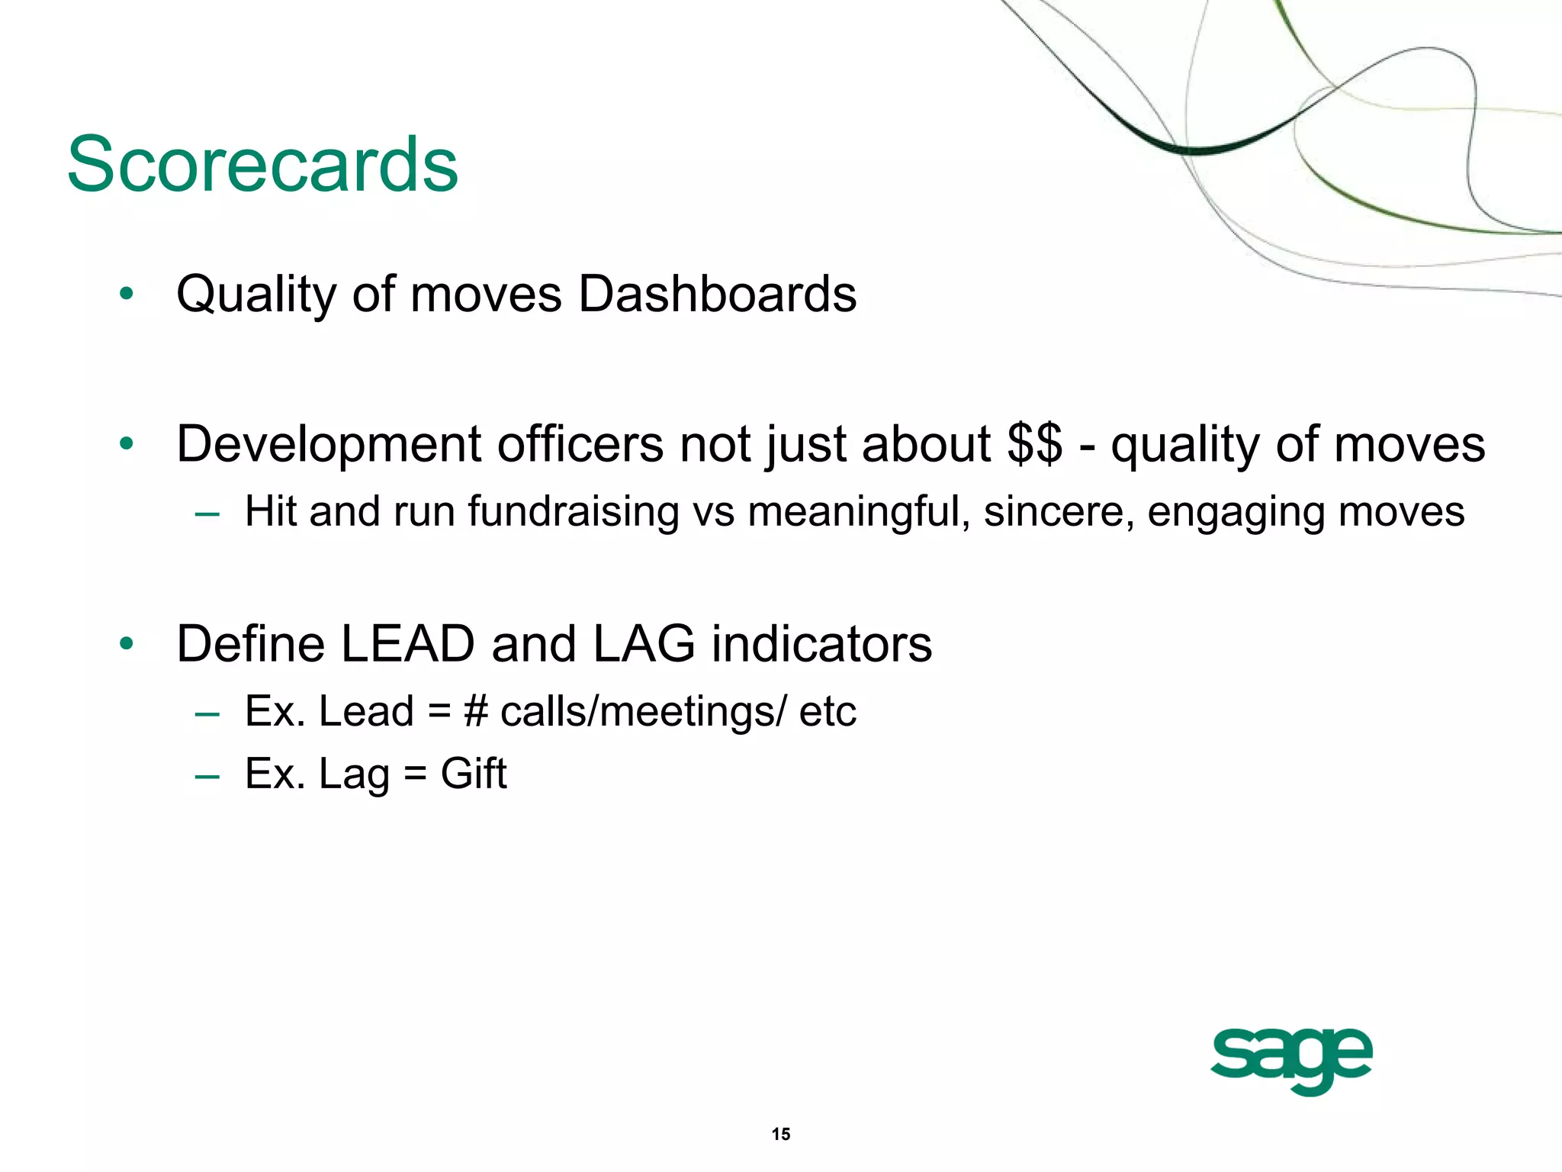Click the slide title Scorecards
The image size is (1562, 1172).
262,165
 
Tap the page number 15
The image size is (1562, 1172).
780,1134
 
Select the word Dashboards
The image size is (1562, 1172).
717,294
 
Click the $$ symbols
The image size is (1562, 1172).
1034,444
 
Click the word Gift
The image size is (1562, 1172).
473,774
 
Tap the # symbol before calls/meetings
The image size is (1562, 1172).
475,711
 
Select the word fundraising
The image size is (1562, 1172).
573,511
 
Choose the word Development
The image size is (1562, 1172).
329,444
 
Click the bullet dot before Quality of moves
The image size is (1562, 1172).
127,294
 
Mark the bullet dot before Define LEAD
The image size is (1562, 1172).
127,644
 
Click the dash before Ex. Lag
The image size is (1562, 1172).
207,776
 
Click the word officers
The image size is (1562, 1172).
580,444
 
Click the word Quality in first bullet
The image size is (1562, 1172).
256,295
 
